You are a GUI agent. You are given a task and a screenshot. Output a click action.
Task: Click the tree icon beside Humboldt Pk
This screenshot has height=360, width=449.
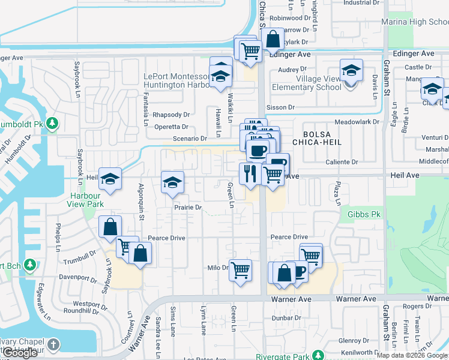tap(53, 124)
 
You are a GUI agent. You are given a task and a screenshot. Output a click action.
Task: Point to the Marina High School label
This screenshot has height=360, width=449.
tap(415, 22)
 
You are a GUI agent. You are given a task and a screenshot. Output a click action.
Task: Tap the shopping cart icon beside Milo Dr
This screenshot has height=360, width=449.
tap(240, 270)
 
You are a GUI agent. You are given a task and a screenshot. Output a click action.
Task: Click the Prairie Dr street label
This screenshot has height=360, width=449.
tap(187, 208)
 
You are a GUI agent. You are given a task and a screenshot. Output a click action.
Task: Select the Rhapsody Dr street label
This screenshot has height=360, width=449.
tap(170, 115)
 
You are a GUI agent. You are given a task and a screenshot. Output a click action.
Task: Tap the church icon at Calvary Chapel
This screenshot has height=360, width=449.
tap(54, 344)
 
